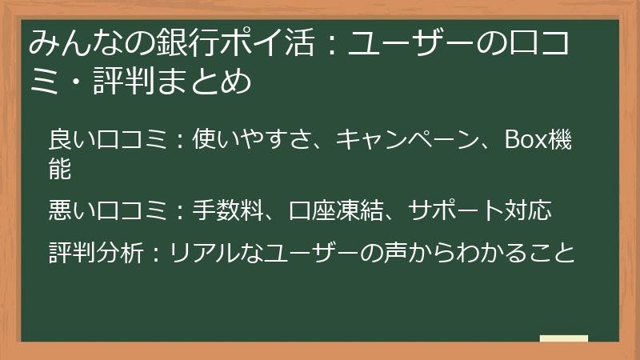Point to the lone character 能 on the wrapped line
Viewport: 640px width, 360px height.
[x=61, y=168]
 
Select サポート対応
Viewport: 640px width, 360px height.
[x=480, y=210]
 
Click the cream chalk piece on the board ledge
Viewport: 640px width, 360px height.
[x=563, y=338]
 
